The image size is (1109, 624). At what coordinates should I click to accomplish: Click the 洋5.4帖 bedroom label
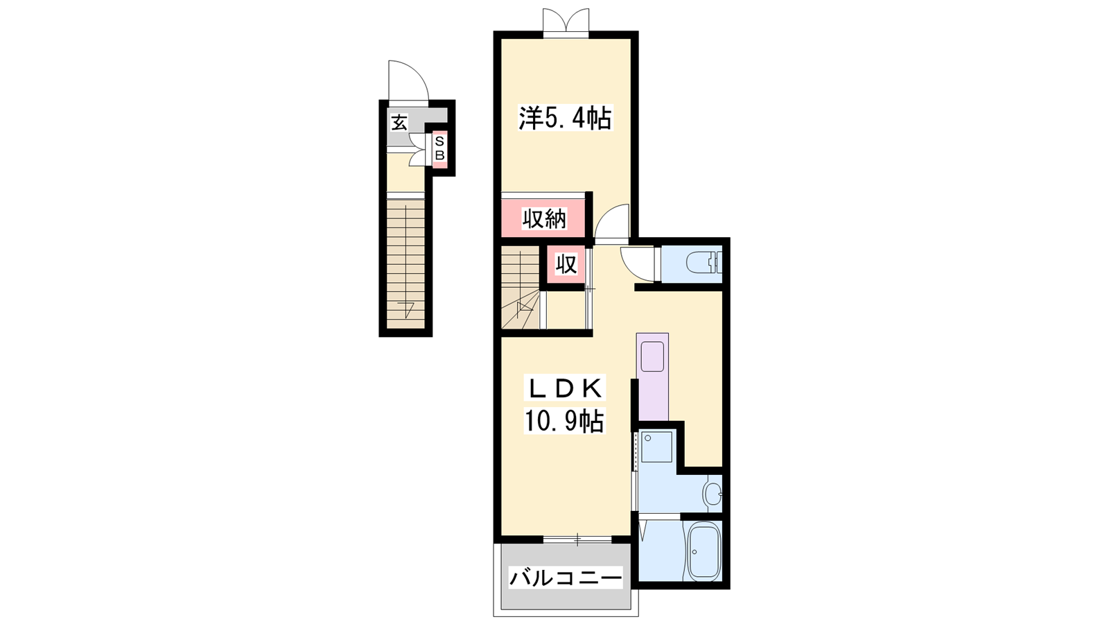[565, 118]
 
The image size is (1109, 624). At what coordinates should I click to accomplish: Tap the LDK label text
[565, 388]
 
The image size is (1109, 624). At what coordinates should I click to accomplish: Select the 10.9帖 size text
[564, 422]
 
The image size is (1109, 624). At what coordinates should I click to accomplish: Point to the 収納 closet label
[545, 218]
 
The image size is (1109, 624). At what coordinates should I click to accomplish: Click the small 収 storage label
[566, 264]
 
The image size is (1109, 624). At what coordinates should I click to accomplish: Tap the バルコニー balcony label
[565, 578]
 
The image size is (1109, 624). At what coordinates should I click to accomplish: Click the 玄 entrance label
[399, 122]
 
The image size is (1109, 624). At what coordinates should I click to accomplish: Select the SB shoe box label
[439, 148]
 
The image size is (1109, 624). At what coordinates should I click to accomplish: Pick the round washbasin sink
[712, 493]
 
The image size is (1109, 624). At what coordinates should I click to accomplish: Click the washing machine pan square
[657, 447]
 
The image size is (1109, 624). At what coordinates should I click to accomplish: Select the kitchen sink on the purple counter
[652, 356]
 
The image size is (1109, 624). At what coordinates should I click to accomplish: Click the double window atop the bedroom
[566, 21]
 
